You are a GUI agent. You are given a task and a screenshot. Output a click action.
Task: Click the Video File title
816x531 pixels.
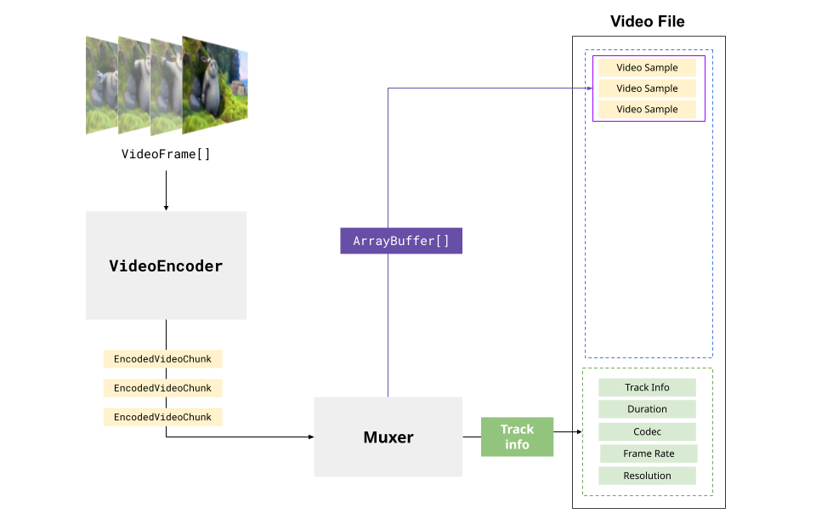coord(647,21)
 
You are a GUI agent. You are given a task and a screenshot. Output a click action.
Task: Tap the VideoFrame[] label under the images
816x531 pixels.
coord(166,154)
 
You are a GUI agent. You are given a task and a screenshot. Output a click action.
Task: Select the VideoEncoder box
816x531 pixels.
coord(166,265)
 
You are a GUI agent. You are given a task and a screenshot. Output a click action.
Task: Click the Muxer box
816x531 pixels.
coord(388,437)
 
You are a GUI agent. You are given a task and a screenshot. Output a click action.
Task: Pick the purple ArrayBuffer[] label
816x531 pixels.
coord(401,241)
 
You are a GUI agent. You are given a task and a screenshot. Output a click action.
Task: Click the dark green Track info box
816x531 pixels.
coord(517,437)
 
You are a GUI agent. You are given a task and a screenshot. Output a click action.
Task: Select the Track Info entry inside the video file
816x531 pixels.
coord(647,387)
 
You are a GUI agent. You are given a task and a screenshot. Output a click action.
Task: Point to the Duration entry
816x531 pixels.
coord(647,409)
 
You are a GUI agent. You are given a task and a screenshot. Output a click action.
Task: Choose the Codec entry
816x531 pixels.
coord(647,431)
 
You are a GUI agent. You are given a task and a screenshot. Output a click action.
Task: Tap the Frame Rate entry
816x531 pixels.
coord(649,454)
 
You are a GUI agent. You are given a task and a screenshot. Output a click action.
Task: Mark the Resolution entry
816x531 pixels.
coord(647,476)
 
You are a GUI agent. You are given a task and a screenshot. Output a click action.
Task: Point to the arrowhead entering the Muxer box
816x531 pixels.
coord(310,437)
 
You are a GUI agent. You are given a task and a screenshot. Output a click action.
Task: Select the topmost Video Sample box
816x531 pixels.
coord(647,67)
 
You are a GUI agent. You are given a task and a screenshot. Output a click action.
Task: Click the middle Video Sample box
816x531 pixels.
coord(647,88)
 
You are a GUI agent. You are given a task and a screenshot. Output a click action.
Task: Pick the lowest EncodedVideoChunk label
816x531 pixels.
coord(162,417)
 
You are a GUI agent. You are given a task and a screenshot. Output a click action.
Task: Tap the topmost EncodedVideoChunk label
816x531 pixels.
coord(162,359)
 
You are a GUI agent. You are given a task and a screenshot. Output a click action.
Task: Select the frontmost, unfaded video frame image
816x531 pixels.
coord(213,87)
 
